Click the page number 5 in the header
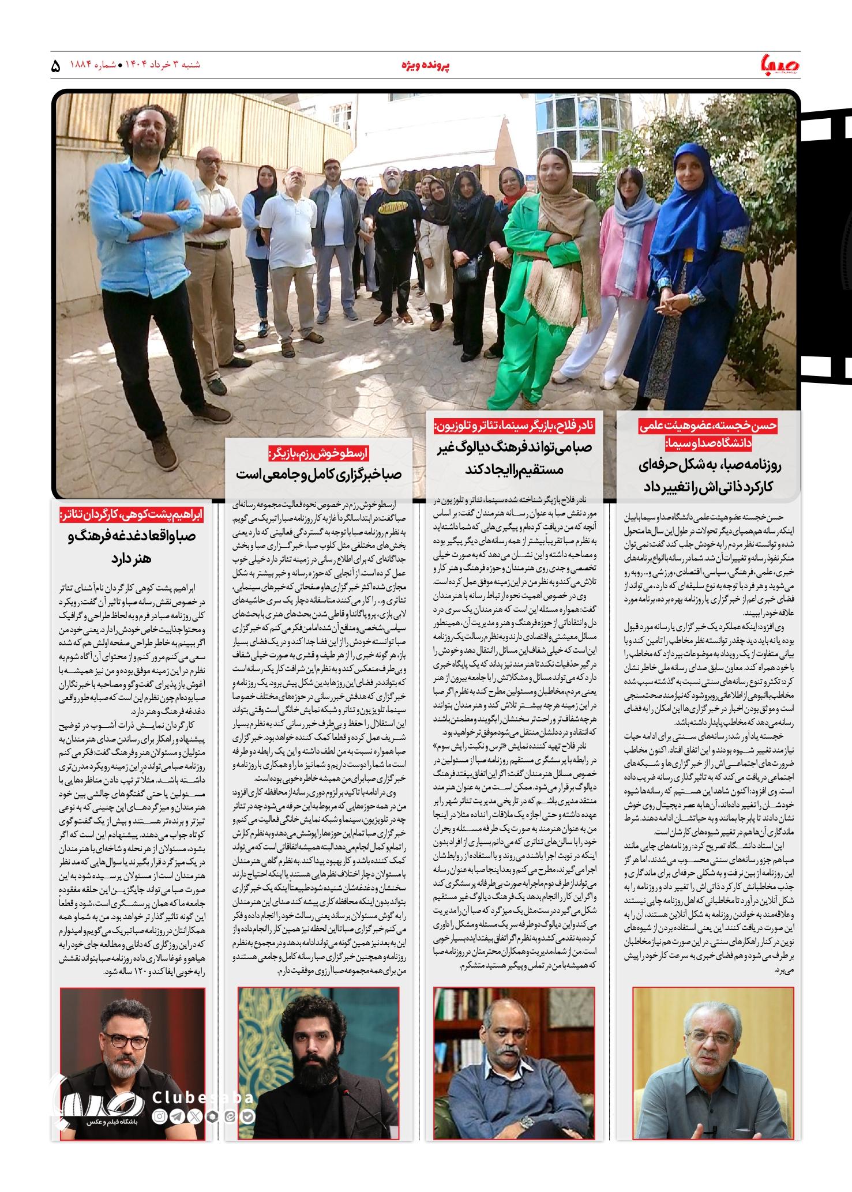coord(56,66)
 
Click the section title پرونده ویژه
coord(425,65)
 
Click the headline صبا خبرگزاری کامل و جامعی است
coord(319,474)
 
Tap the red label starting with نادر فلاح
coord(518,427)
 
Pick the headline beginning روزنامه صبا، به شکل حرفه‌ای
coord(708,475)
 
